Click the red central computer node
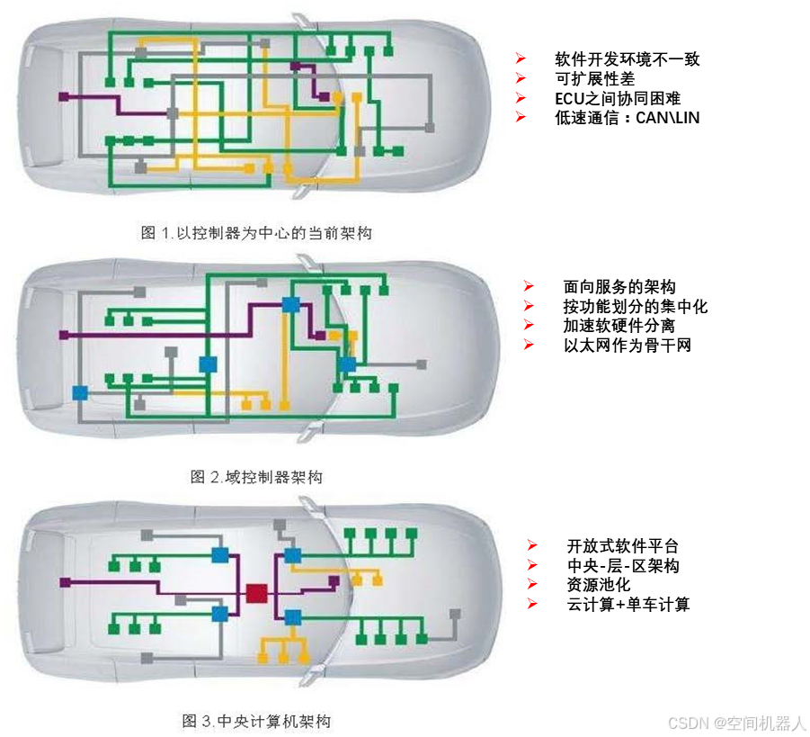[256, 593]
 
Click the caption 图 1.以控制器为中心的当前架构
[256, 232]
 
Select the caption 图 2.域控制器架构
[255, 477]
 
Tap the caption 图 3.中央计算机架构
[256, 721]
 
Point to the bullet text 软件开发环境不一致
[627, 59]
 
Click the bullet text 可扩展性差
[595, 78]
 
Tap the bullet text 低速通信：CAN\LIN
[627, 117]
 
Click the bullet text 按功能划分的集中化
[635, 307]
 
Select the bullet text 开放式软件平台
[622, 546]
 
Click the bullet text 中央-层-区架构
[622, 566]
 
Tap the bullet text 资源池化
[598, 585]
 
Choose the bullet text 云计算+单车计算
[628, 605]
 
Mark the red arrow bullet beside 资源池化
[532, 585]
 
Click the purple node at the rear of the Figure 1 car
[64, 96]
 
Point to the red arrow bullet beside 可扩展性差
[520, 78]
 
